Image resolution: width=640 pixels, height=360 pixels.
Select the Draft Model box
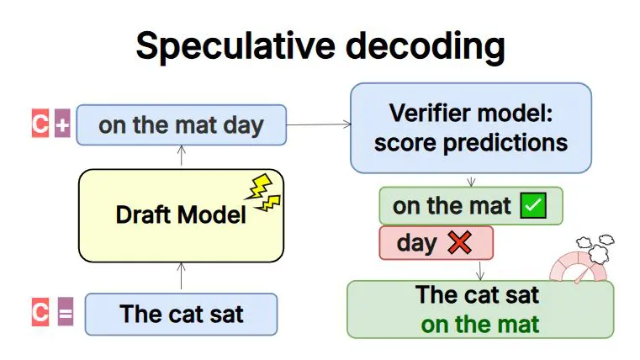[x=181, y=214]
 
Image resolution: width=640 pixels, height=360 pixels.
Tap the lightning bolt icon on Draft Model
[x=265, y=193]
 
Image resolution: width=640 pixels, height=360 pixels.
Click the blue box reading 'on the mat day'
[x=181, y=125]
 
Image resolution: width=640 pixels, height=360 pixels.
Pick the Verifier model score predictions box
[x=470, y=127]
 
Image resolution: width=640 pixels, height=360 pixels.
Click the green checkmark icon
[x=533, y=206]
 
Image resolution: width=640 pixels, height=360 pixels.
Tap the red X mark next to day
[x=458, y=243]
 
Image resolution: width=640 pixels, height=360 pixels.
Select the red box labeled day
[x=436, y=243]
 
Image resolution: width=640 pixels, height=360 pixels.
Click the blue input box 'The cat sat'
[x=181, y=315]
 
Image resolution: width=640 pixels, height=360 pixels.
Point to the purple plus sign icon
[x=62, y=125]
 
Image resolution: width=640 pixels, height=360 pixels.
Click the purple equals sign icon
[x=65, y=315]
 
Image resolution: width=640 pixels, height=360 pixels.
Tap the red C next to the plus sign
[x=40, y=124]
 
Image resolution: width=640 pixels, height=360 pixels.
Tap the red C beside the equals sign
[x=40, y=314]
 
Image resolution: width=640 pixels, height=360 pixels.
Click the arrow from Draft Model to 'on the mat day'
[x=181, y=156]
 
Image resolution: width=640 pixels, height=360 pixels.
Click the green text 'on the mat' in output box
[x=480, y=324]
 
